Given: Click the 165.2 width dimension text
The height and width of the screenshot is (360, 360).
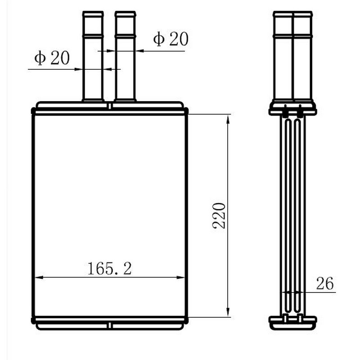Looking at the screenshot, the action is pyautogui.click(x=110, y=269).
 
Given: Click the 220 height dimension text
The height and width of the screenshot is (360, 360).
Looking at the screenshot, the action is pyautogui.click(x=219, y=216).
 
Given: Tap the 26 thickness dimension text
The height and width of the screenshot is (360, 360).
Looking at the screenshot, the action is pyautogui.click(x=324, y=283).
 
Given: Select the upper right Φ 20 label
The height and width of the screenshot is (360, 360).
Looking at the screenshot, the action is pyautogui.click(x=171, y=39).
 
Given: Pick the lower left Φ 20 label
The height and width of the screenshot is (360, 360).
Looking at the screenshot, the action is pyautogui.click(x=52, y=58).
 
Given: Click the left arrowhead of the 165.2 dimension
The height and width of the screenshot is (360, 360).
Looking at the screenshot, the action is pyautogui.click(x=39, y=277).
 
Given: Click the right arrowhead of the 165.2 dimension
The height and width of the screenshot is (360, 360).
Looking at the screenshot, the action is pyautogui.click(x=180, y=277).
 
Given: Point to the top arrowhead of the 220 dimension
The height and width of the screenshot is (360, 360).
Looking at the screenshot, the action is pyautogui.click(x=228, y=120).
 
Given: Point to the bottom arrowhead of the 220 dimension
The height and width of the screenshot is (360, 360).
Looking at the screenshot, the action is pyautogui.click(x=228, y=312).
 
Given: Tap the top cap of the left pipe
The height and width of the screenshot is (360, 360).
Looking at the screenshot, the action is pyautogui.click(x=93, y=14).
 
